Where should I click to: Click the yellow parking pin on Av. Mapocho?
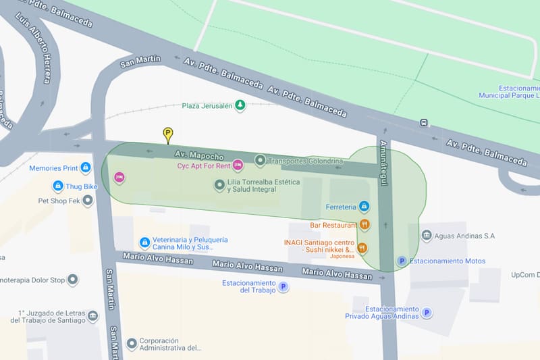click(x=168, y=134)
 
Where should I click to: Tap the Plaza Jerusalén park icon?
click(x=240, y=106)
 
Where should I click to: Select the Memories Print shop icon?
click(x=86, y=168)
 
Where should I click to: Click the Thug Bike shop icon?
click(x=58, y=186)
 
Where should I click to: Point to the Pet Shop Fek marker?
click(x=87, y=201)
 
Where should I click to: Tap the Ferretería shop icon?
click(x=364, y=206)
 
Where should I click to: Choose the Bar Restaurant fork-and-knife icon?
click(x=364, y=225)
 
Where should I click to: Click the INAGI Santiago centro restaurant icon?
click(x=362, y=248)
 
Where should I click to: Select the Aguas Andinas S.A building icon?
click(x=427, y=236)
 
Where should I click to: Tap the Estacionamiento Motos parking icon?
click(x=402, y=261)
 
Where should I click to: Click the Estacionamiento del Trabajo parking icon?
click(x=283, y=287)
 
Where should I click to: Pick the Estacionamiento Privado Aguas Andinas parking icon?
click(x=427, y=313)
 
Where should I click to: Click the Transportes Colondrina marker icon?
click(x=260, y=161)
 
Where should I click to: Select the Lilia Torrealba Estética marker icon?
click(x=219, y=184)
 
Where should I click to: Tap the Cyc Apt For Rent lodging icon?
click(x=238, y=165)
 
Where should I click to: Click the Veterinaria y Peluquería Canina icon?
click(x=144, y=242)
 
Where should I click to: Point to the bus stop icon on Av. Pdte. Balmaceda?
click(x=424, y=123)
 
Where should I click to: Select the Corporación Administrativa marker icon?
click(x=132, y=343)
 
